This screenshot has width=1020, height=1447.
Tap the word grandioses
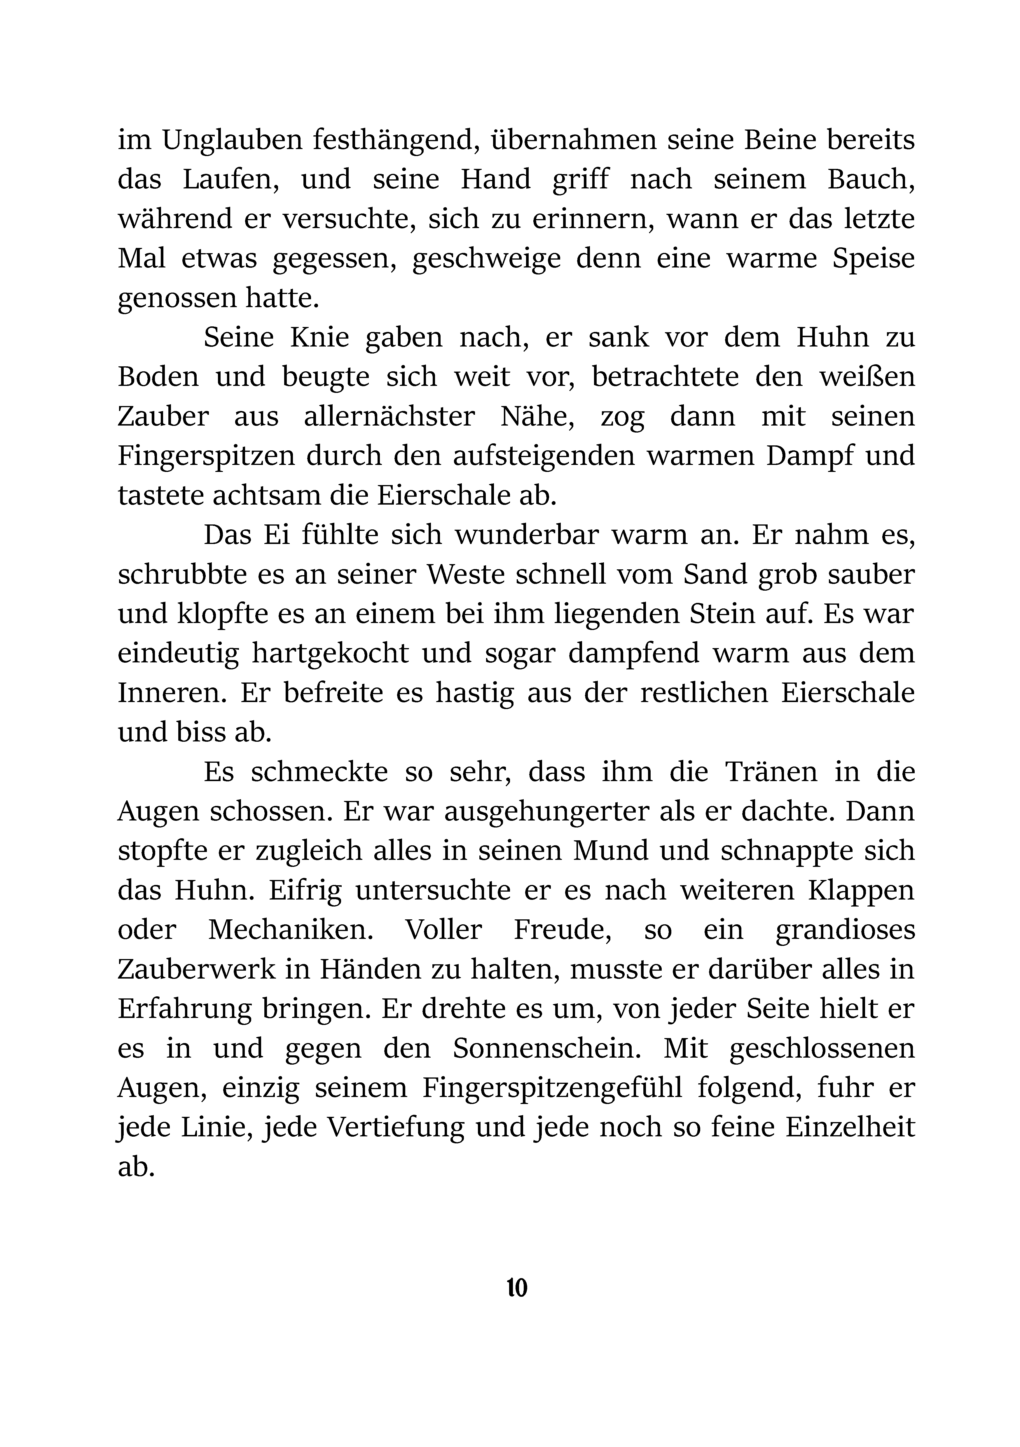tap(845, 930)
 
